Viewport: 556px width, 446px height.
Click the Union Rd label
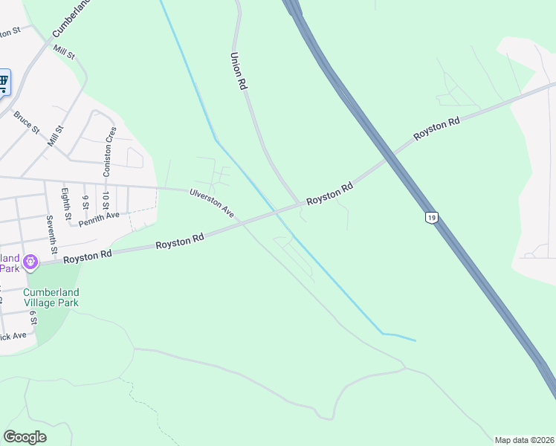[x=238, y=71]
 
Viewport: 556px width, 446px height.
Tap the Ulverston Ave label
[x=212, y=203]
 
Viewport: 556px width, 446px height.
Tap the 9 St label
[x=85, y=201]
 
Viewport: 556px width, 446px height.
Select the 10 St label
[x=106, y=201]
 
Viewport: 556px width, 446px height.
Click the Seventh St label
[x=51, y=233]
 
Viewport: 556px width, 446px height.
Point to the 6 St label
[x=33, y=317]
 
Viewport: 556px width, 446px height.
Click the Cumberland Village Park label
[x=51, y=297]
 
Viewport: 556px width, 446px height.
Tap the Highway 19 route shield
[x=431, y=218]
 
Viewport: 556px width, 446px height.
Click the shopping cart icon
[x=3, y=82]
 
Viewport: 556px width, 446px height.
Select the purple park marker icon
[x=30, y=262]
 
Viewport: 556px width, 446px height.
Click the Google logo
[x=25, y=436]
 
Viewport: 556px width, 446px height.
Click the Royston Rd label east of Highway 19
[x=437, y=129]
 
